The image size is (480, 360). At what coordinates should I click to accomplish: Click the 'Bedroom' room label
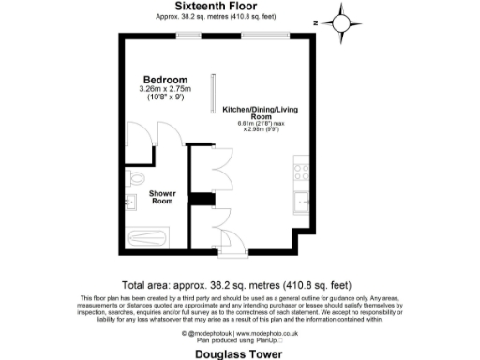click(165, 79)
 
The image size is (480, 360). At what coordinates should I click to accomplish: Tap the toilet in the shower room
click(136, 177)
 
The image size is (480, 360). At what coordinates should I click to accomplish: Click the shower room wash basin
click(132, 201)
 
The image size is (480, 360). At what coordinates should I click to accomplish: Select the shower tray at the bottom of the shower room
click(146, 238)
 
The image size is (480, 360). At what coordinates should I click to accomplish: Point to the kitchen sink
click(302, 200)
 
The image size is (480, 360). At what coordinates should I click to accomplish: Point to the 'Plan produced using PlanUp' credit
click(239, 339)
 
